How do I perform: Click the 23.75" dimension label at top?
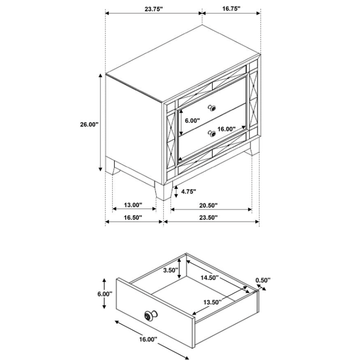pyautogui.click(x=154, y=9)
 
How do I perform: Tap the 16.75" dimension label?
pyautogui.click(x=231, y=9)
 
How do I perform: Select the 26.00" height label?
pyautogui.click(x=89, y=125)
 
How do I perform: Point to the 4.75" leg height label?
pyautogui.click(x=188, y=192)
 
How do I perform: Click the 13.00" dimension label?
pyautogui.click(x=133, y=205)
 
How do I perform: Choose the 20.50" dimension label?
pyautogui.click(x=208, y=205)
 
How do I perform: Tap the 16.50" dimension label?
pyautogui.click(x=133, y=217)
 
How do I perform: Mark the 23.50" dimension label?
pyautogui.click(x=208, y=217)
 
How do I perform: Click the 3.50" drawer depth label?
pyautogui.click(x=170, y=270)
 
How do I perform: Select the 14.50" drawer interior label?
pyautogui.click(x=209, y=278)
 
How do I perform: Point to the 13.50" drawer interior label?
pyautogui.click(x=212, y=302)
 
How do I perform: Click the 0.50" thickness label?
pyautogui.click(x=263, y=280)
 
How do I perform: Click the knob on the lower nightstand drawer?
pyautogui.click(x=212, y=133)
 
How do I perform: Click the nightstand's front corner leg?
pyautogui.click(x=164, y=191)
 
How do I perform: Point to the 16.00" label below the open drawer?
pyautogui.click(x=148, y=339)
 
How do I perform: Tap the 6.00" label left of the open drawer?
pyautogui.click(x=105, y=294)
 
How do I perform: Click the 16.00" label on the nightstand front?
pyautogui.click(x=227, y=129)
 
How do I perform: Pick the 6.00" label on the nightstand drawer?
pyautogui.click(x=192, y=120)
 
